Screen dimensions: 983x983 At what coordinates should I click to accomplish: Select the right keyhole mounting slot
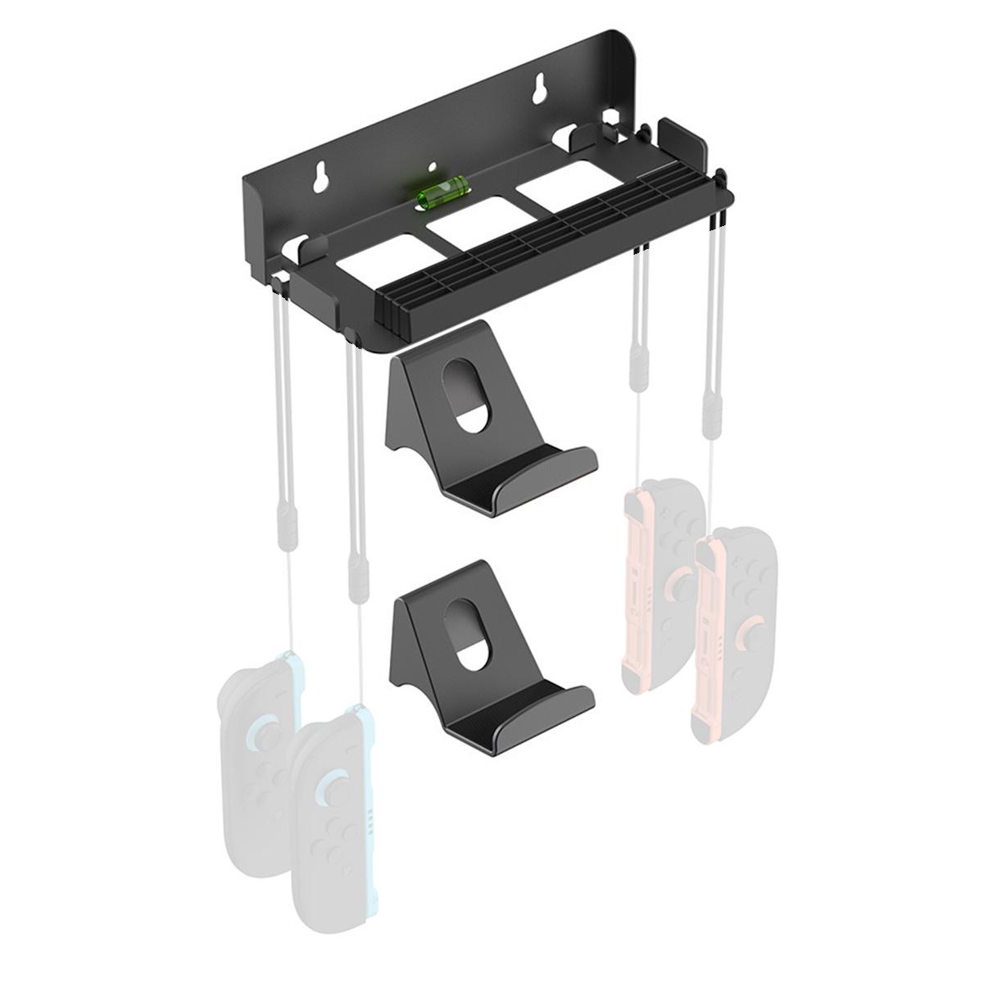pyautogui.click(x=540, y=90)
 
